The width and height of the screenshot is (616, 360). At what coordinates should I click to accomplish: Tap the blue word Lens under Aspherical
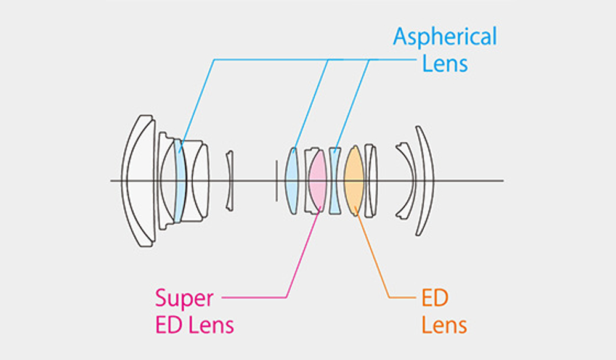(445, 63)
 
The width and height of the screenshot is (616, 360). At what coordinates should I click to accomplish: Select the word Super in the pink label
(184, 299)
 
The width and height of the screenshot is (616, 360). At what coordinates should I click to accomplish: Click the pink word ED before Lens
(169, 325)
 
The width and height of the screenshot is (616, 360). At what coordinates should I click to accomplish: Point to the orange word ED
(435, 298)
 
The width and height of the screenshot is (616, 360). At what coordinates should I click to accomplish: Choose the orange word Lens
(444, 325)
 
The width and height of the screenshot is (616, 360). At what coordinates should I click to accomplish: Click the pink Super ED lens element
(317, 181)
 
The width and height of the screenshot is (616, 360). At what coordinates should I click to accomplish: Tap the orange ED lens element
(354, 181)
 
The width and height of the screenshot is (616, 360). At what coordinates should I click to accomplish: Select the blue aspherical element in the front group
(179, 181)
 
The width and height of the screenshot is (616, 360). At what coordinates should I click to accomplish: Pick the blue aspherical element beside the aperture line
(291, 181)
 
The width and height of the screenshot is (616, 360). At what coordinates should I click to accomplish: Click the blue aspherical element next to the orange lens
(335, 181)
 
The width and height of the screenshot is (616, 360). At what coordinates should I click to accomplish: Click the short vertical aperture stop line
(276, 181)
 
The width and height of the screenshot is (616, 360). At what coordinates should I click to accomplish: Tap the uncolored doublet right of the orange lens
(371, 181)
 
